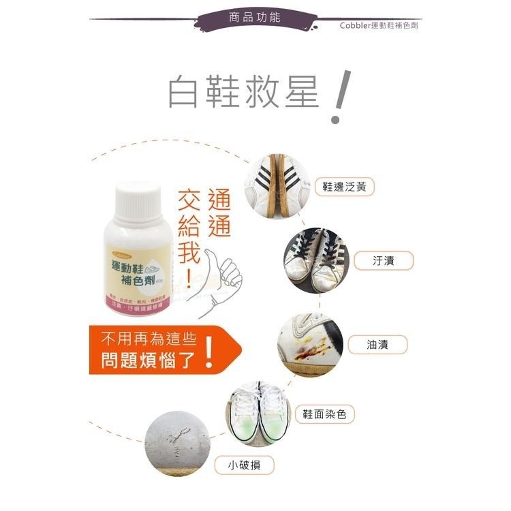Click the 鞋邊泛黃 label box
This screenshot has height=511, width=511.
pos(347,187)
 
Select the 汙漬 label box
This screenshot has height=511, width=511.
pos(384,260)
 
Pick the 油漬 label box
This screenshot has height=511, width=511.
pos(377,344)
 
